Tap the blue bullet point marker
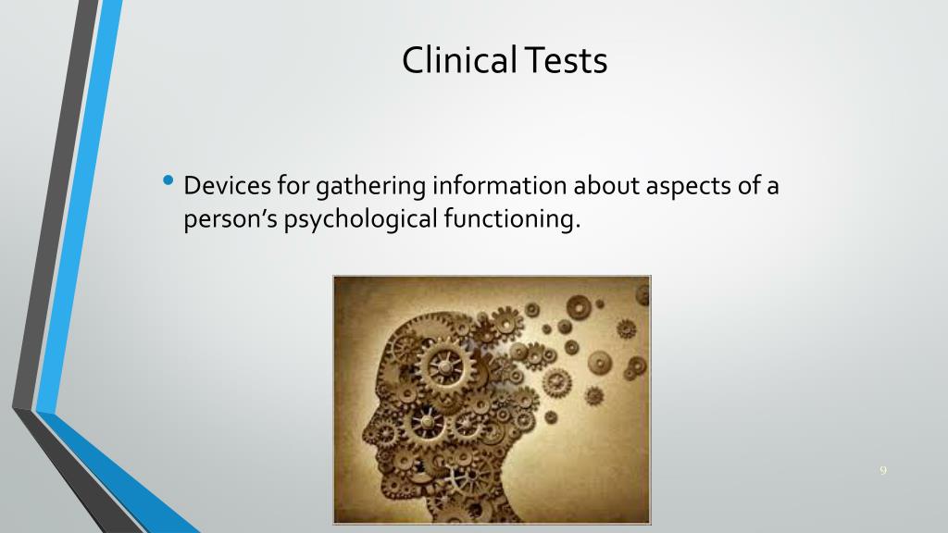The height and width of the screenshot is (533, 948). pyautogui.click(x=167, y=180)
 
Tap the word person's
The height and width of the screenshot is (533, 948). pyautogui.click(x=230, y=219)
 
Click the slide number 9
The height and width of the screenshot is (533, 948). pyautogui.click(x=883, y=471)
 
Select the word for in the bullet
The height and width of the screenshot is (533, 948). pyautogui.click(x=295, y=186)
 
